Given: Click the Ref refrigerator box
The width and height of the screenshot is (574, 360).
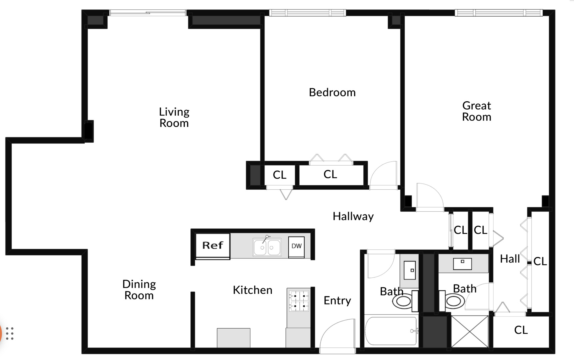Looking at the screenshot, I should [213, 246].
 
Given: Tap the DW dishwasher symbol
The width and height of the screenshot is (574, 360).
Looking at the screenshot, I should [296, 246].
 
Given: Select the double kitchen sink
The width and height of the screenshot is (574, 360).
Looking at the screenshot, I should [267, 247].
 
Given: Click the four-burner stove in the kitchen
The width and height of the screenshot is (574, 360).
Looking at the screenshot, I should [299, 301].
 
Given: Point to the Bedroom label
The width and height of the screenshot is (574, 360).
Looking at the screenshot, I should [332, 92].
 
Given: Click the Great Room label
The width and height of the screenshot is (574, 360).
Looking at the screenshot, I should [476, 111].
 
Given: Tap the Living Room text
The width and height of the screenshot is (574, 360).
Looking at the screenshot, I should [174, 117].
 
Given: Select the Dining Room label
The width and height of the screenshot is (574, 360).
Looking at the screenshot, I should [139, 290].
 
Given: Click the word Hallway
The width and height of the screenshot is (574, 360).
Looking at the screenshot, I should [353, 216].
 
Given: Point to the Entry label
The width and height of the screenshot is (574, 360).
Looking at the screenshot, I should [337, 301].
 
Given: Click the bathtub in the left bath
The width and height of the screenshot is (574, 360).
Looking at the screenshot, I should [391, 331].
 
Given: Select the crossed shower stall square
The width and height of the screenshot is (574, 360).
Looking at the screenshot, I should [470, 331].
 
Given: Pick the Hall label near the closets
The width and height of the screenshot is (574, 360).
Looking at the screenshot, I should [510, 259].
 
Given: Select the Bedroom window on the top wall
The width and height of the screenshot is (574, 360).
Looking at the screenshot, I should [307, 13].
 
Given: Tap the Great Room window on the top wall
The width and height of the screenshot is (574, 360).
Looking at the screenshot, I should [499, 13].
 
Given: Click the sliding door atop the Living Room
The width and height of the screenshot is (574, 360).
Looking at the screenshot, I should [148, 13].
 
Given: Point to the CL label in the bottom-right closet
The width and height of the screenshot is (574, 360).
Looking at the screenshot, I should [521, 330].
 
